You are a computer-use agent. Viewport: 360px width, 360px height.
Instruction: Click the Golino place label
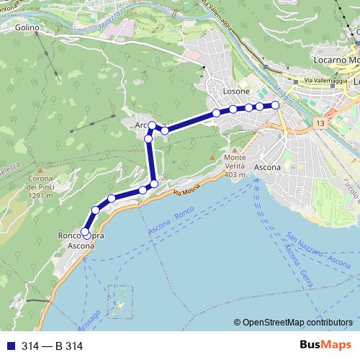pyautogui.click(x=25, y=27)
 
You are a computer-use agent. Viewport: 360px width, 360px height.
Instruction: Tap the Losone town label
pyautogui.click(x=237, y=91)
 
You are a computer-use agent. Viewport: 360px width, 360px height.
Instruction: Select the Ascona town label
pyautogui.click(x=267, y=167)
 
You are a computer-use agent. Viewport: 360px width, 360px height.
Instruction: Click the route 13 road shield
pyautogui.click(x=319, y=125)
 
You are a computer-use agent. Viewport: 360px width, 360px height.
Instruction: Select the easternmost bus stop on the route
pyautogui.click(x=274, y=105)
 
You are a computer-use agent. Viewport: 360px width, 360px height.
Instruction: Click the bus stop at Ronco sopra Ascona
pyautogui.click(x=86, y=233)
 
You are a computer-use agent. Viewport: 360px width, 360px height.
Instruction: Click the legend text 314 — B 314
pyautogui.click(x=52, y=346)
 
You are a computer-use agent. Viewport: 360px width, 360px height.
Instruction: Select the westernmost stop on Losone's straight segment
pyautogui.click(x=216, y=113)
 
